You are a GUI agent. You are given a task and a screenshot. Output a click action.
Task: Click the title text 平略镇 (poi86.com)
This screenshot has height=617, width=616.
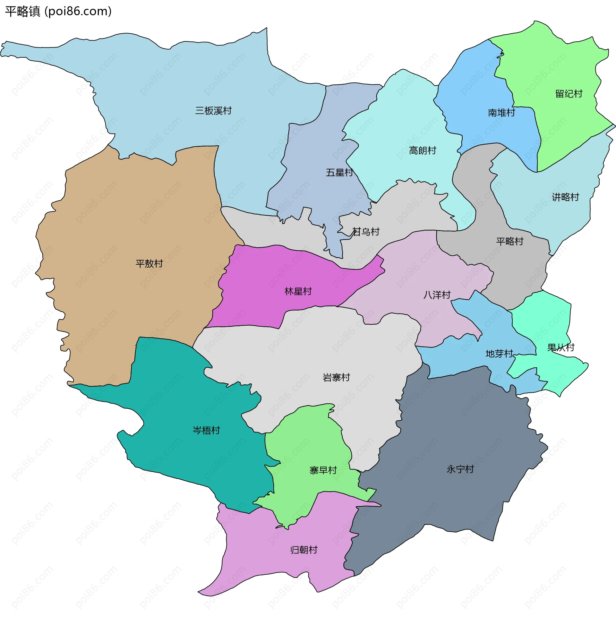(58, 11)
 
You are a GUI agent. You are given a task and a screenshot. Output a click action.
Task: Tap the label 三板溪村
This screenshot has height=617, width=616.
(213, 111)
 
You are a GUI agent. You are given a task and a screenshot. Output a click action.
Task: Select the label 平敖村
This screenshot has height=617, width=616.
(149, 264)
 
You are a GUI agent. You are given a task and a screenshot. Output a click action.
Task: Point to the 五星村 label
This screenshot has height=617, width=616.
(339, 173)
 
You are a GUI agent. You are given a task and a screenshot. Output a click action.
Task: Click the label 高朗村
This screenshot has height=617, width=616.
(423, 150)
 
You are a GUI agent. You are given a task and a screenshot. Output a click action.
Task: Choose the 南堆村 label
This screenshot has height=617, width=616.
(501, 113)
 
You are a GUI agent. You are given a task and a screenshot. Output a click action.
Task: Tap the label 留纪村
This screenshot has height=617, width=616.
(569, 94)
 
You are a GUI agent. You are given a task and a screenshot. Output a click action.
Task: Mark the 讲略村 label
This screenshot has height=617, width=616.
(565, 197)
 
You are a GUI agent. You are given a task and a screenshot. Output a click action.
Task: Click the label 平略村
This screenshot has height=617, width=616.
(510, 241)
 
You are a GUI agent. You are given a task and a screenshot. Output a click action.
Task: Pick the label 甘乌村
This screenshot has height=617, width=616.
(366, 232)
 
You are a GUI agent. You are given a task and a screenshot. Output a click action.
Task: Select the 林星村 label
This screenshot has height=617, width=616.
(298, 291)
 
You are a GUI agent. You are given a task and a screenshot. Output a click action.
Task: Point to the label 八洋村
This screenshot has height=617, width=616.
(437, 295)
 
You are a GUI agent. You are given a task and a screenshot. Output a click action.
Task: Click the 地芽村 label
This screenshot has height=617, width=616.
(499, 354)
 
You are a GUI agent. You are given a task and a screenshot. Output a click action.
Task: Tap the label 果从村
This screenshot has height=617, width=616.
(560, 347)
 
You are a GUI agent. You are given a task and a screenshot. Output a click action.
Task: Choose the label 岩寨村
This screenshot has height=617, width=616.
(336, 378)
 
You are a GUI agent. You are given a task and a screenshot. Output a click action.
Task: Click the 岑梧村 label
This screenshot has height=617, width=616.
(206, 431)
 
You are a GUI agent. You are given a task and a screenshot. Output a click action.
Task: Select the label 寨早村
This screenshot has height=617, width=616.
(323, 471)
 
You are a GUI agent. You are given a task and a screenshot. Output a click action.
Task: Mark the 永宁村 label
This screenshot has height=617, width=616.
(460, 469)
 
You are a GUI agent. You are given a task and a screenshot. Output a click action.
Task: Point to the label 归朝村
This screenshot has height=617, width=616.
(304, 550)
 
